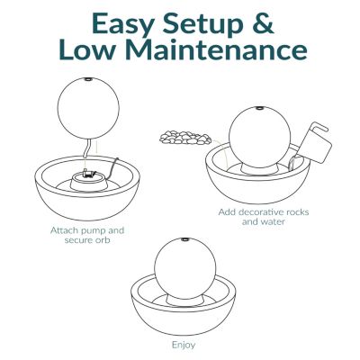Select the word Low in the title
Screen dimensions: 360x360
(x=87, y=50)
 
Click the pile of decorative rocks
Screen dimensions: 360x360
(x=185, y=138)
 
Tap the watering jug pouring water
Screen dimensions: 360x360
(x=313, y=142)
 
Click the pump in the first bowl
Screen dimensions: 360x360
(x=89, y=174)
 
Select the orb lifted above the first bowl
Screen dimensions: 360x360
(x=88, y=108)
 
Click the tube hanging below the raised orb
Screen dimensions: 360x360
(x=87, y=148)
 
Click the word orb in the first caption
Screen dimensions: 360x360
(x=103, y=240)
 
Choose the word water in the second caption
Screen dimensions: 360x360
(x=272, y=222)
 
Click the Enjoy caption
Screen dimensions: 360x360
(x=184, y=346)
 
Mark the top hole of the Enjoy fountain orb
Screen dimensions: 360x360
(x=185, y=239)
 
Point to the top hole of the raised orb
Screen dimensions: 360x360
(x=88, y=79)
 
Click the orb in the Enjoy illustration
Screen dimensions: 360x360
(x=185, y=268)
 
